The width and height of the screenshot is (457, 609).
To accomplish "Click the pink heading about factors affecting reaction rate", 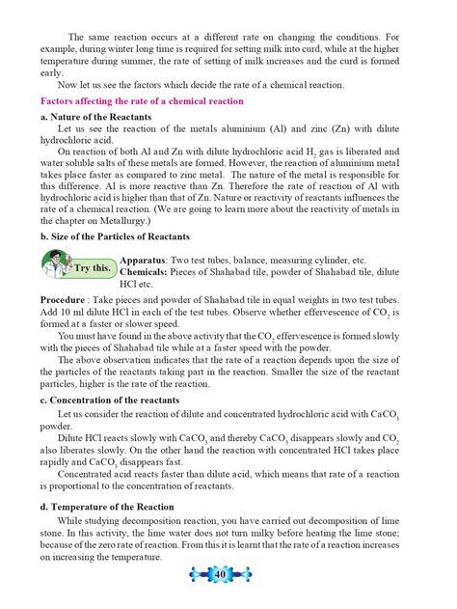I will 140,100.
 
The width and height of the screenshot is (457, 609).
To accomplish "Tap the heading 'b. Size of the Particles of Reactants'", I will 114,236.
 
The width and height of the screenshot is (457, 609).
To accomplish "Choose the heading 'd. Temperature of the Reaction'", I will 106,505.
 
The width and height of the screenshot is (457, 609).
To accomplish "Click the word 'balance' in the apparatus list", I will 246,261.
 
